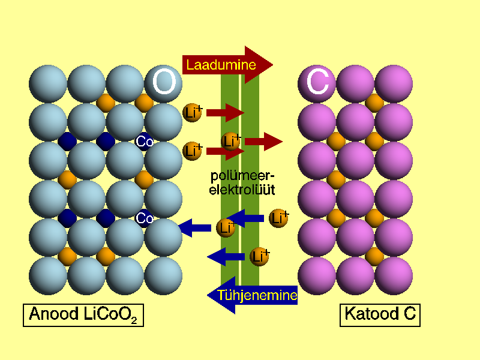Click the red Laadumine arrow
[x=228, y=64]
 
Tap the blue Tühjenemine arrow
[x=252, y=295]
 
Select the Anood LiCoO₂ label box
[x=83, y=314]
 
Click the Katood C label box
[x=380, y=314]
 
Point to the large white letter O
[x=163, y=83]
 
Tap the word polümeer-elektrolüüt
[x=242, y=182]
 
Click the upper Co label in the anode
[x=145, y=142]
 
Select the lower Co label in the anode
[x=145, y=218]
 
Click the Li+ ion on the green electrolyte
[x=231, y=142]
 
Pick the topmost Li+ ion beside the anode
[x=193, y=112]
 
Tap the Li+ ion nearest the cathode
[x=279, y=218]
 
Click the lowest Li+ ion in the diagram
[x=259, y=257]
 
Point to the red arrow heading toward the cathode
[x=263, y=142]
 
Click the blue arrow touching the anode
[x=195, y=227]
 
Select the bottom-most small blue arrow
[x=226, y=257]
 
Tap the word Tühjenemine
[x=257, y=295]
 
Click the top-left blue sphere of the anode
[x=48, y=84]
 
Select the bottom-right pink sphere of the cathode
[x=394, y=276]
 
